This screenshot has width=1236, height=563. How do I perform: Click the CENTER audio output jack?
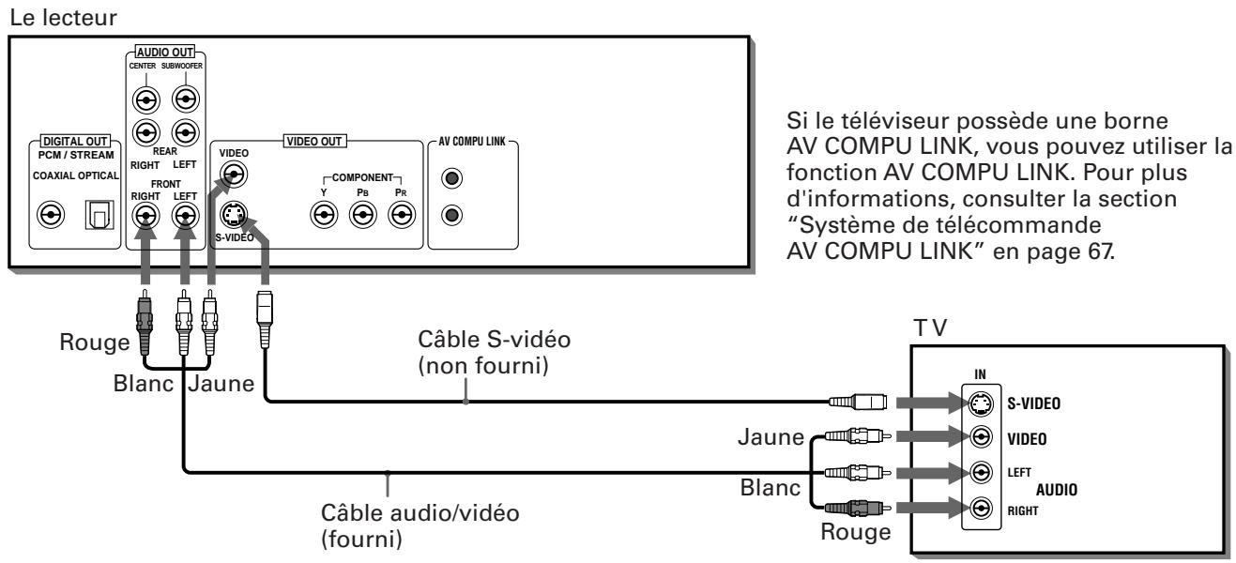tap(145, 98)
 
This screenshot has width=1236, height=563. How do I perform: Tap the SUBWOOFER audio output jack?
tap(187, 98)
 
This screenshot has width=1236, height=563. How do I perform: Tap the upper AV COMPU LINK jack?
tap(452, 177)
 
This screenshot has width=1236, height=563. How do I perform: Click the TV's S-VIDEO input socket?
tap(982, 403)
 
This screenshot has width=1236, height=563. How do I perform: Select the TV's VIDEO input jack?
tap(982, 437)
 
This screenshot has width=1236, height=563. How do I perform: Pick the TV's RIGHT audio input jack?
tap(982, 508)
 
